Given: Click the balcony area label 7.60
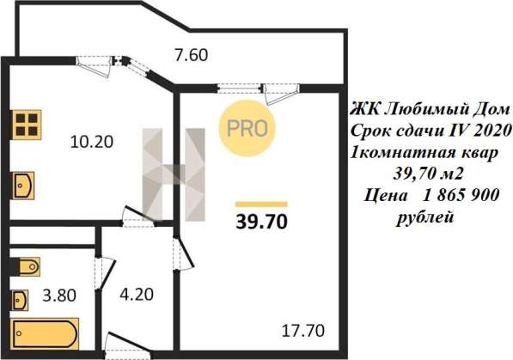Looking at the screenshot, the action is pos(192,55).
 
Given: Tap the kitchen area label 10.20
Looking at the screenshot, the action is pos(92,142).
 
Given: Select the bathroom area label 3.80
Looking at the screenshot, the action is pos(59,296).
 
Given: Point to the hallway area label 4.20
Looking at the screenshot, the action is pos(137,294).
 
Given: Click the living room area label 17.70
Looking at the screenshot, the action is pos(303,331).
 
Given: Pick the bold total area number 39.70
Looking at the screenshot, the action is pos(262,222).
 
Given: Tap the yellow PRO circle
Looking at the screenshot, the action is pos(247,128).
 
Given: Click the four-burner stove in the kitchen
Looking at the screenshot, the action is pos(26,125).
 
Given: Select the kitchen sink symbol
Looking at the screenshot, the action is pos(23,186).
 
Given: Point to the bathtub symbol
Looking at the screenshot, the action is pos(46,333).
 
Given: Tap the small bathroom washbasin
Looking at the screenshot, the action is pos(21,300).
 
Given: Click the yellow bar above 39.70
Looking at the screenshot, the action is pos(261,204).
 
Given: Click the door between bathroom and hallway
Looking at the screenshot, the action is pos(106,273).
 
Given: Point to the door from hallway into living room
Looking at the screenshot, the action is pos(184,253).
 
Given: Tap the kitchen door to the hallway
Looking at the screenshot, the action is pos(138,216).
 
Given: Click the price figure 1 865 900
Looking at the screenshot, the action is pos(461,196).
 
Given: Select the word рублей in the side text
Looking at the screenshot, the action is pos(425,217).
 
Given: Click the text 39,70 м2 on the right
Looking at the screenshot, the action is pos(428,174).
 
